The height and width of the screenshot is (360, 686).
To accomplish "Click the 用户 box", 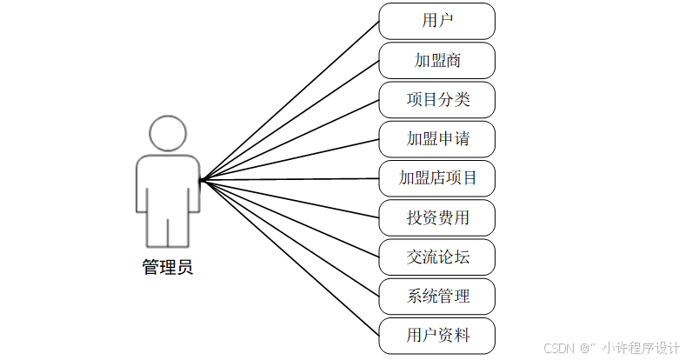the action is click(436, 20).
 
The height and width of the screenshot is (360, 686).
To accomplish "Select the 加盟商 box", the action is click(436, 60).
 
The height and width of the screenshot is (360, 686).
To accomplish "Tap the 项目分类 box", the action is click(436, 99).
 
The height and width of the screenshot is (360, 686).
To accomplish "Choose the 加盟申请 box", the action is click(436, 138).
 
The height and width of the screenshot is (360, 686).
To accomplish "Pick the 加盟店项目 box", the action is click(436, 178).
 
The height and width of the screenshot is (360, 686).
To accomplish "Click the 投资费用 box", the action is click(436, 217).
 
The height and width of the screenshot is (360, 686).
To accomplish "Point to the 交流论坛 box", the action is click(436, 257).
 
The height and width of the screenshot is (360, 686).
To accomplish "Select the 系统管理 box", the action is click(436, 297).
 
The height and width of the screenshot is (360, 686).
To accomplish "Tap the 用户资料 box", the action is click(436, 336).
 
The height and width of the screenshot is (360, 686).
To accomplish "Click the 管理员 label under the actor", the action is click(168, 267).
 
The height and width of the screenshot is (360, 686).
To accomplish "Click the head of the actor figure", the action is click(168, 133).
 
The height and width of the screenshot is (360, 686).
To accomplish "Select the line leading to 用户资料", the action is click(290, 258).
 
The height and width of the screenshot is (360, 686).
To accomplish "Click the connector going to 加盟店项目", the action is click(290, 180).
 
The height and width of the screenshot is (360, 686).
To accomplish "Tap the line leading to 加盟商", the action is click(290, 120).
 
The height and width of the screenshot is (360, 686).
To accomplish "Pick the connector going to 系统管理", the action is click(290, 238).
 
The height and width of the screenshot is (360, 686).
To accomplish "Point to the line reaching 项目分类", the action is click(290, 140).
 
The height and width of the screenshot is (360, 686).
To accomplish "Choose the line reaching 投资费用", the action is click(290, 199).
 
